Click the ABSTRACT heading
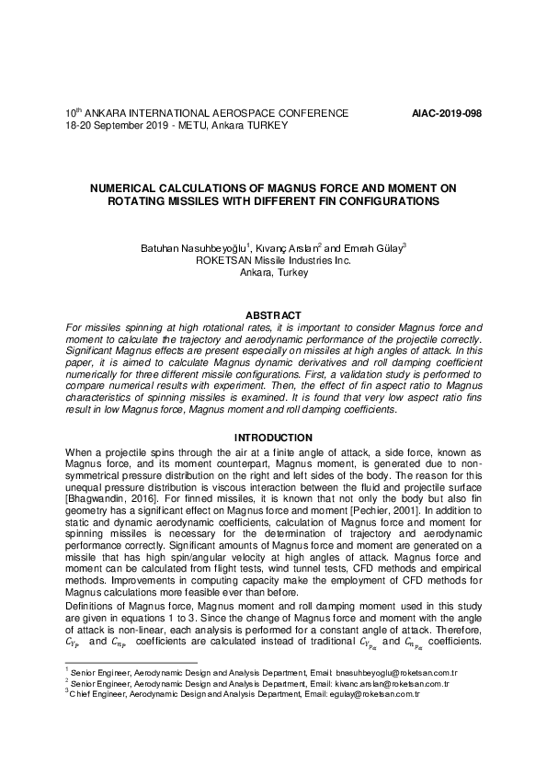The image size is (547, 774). pyautogui.click(x=273, y=316)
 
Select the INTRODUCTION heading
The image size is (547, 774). pyautogui.click(x=273, y=438)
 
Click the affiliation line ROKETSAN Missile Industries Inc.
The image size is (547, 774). pyautogui.click(x=274, y=261)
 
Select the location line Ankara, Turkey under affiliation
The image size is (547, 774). pyautogui.click(x=273, y=273)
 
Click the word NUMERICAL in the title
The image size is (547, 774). pyautogui.click(x=130, y=188)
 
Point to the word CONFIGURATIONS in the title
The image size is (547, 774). pyautogui.click(x=381, y=199)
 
